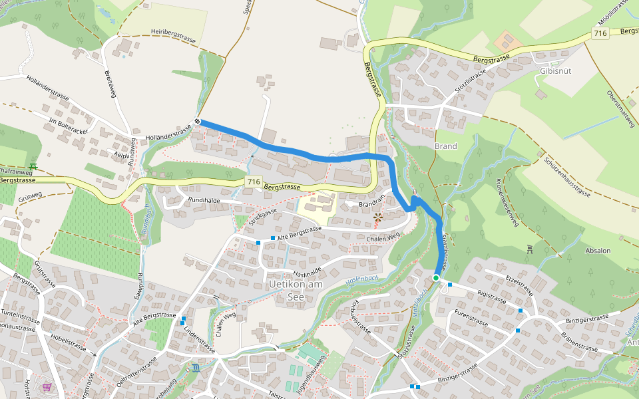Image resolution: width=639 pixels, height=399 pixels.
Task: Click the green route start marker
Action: pyautogui.click(x=435, y=278)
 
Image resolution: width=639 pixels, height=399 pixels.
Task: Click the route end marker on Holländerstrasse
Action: pyautogui.click(x=198, y=121)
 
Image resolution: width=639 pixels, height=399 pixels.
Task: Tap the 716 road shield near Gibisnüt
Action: pyautogui.click(x=600, y=33)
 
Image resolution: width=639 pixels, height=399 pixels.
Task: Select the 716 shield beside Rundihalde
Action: pyautogui.click(x=253, y=182)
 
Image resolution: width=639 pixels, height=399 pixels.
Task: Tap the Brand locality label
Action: pyautogui.click(x=445, y=146)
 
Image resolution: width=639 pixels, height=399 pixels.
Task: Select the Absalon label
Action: pyautogui.click(x=598, y=251)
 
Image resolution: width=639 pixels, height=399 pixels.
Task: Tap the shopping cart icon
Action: pyautogui.click(x=47, y=386)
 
